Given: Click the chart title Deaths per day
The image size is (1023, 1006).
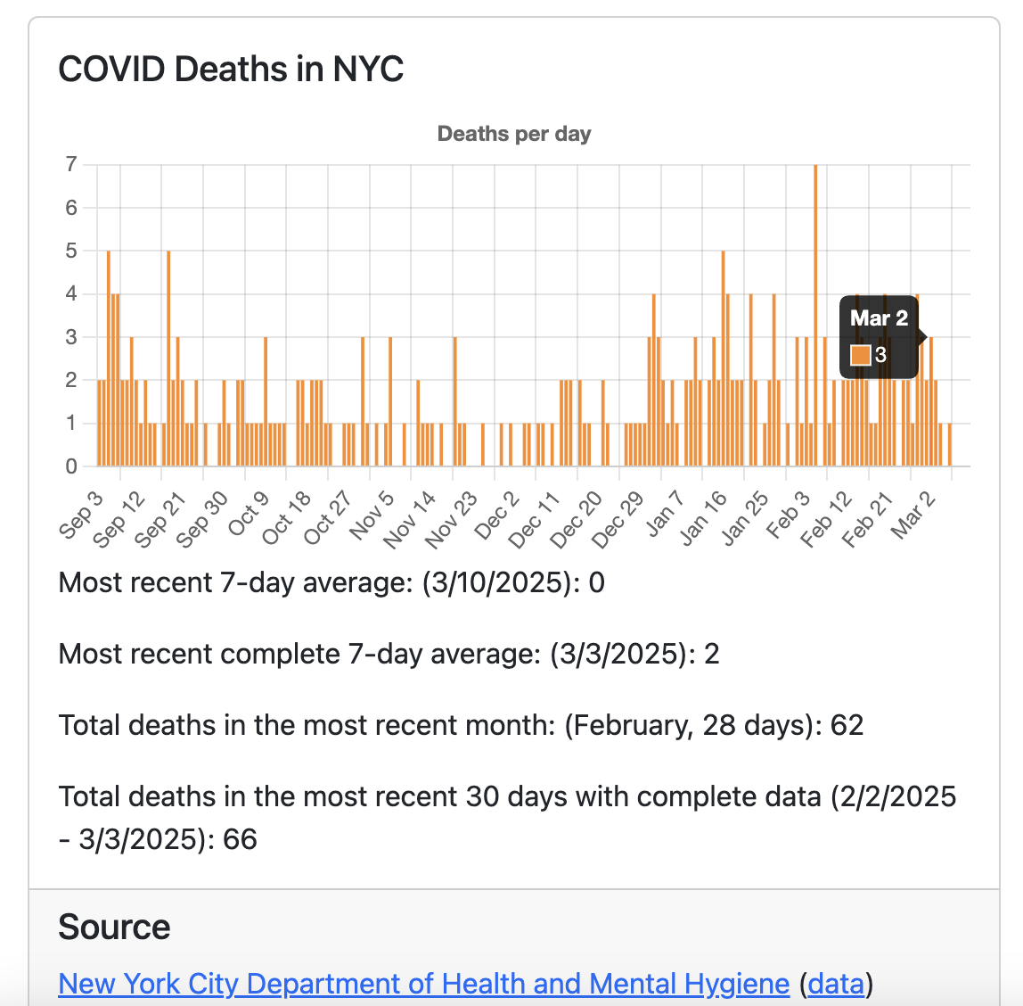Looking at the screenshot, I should click(514, 134).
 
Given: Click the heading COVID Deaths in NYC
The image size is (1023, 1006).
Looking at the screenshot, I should click(231, 69).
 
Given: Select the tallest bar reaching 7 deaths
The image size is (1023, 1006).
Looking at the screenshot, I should click(814, 312).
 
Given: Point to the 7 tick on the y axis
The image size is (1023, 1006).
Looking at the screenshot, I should click(71, 164).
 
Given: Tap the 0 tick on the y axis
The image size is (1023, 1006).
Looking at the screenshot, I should click(71, 466).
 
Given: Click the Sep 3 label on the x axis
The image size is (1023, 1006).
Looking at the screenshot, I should click(82, 515).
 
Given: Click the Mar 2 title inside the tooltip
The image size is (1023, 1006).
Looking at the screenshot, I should click(879, 318).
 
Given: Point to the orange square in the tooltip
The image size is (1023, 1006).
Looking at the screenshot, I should click(860, 355).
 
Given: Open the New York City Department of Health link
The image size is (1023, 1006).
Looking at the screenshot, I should click(423, 983).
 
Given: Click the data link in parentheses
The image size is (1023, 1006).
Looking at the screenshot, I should click(837, 983).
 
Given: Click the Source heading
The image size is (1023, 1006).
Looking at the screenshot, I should click(114, 928).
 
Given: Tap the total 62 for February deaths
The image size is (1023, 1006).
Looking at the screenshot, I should click(847, 725).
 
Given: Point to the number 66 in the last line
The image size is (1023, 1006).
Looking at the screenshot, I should click(240, 839).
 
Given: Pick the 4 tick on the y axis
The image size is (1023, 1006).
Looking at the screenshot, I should click(71, 294).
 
